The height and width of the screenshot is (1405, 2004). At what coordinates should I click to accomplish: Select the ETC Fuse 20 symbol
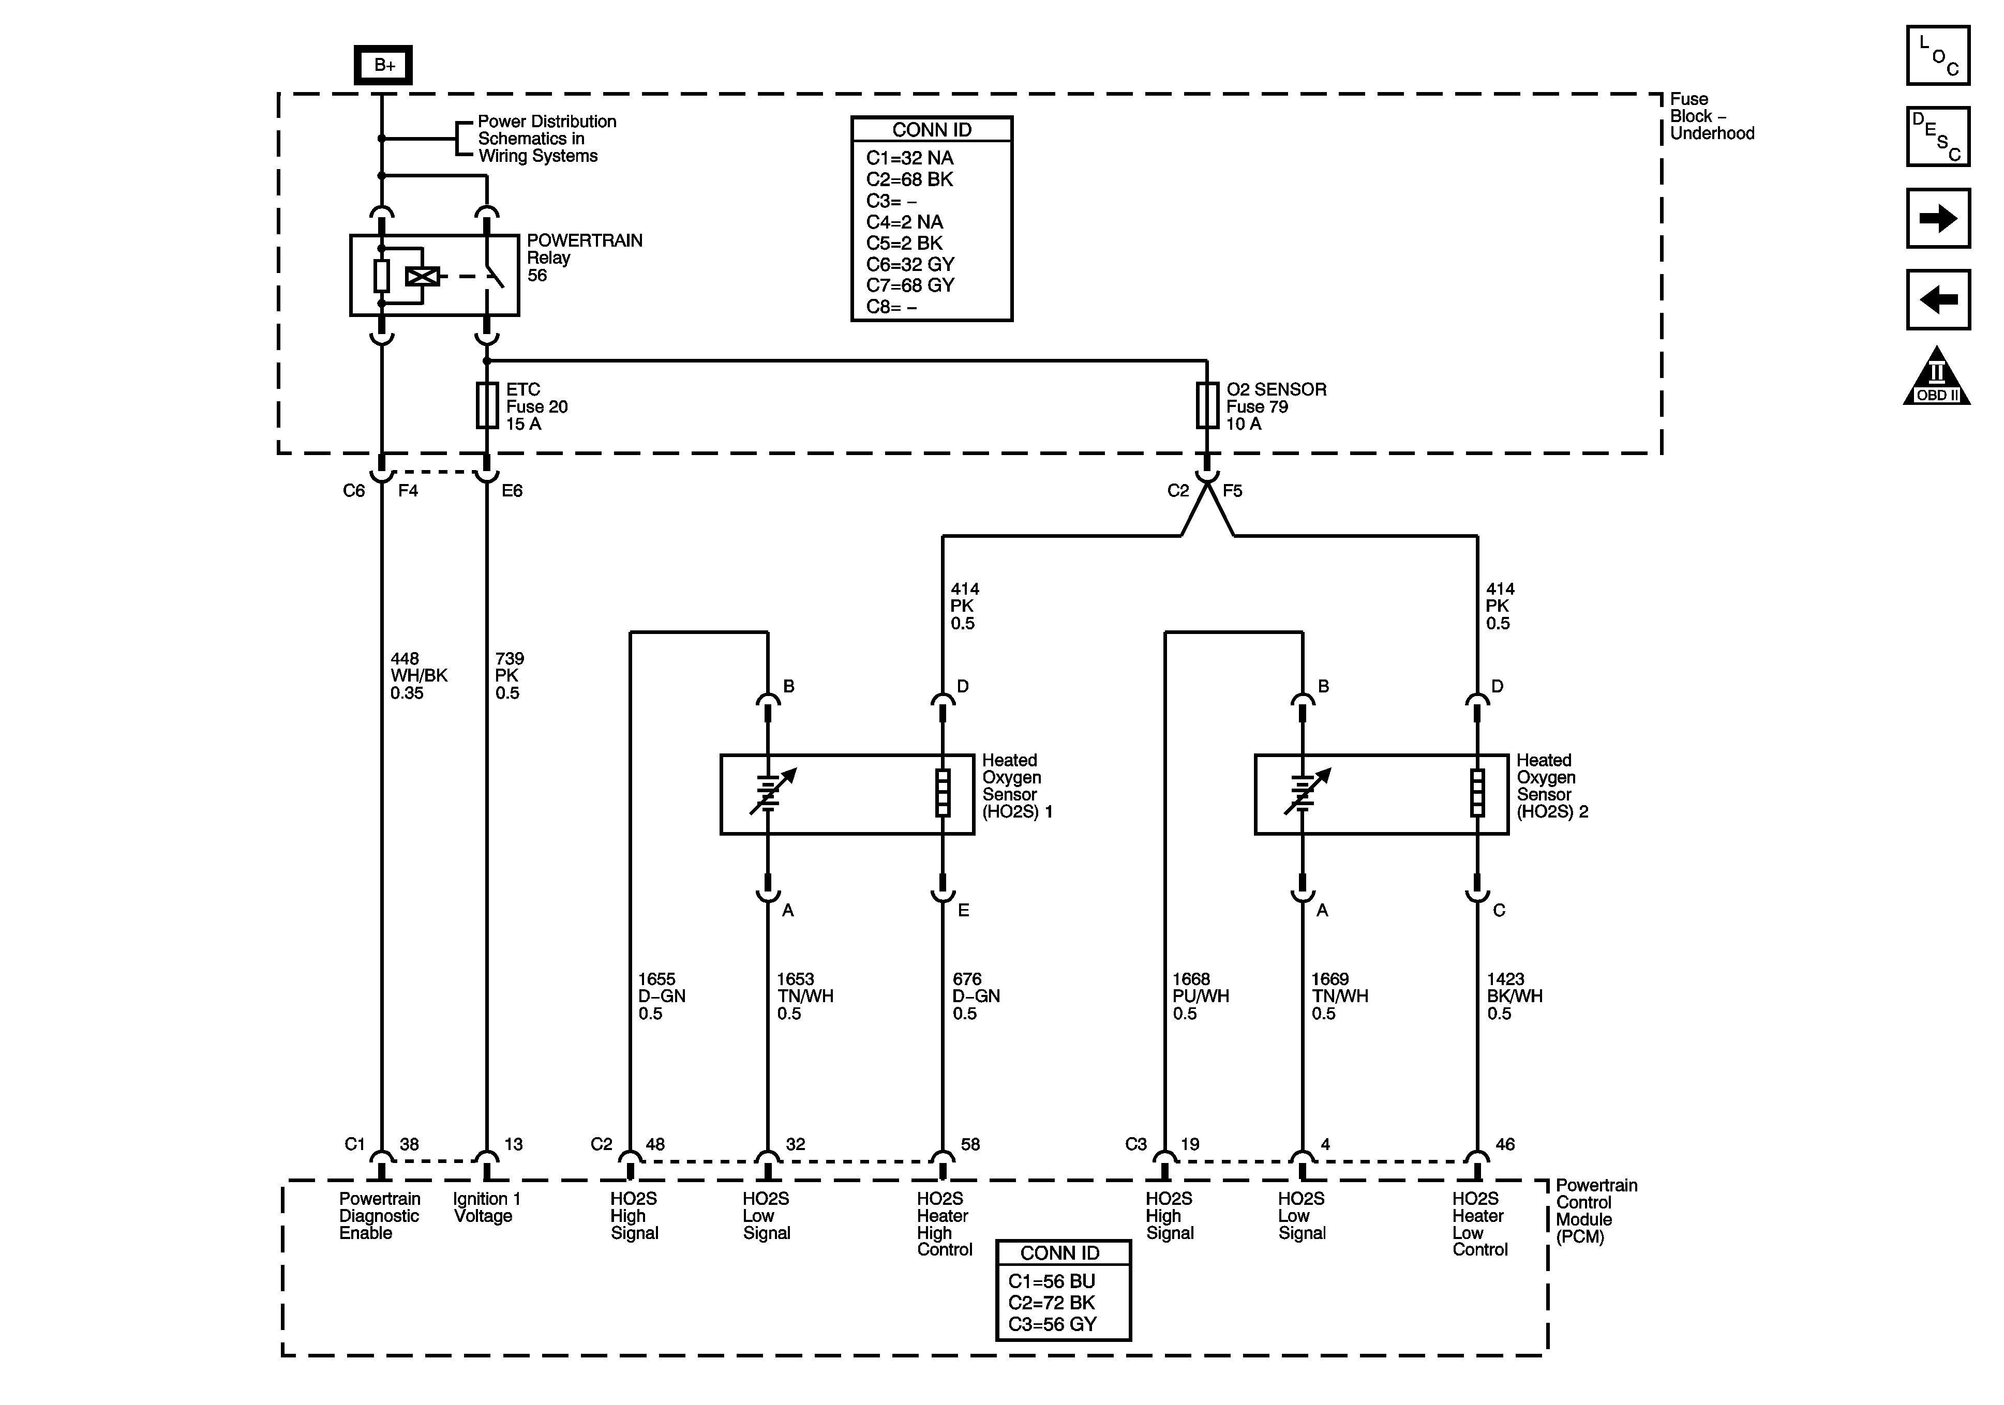tap(487, 406)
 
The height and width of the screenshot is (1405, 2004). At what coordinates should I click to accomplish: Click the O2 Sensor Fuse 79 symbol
tap(1207, 406)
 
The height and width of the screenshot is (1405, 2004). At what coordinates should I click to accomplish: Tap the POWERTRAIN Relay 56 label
tap(585, 258)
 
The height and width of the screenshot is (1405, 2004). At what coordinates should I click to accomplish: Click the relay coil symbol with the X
tap(423, 277)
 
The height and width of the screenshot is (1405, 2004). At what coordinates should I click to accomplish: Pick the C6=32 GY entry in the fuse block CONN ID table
tap(910, 264)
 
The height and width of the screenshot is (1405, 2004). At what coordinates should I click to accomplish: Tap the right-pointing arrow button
tap(1938, 218)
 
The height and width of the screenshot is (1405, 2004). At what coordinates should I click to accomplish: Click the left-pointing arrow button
tap(1938, 299)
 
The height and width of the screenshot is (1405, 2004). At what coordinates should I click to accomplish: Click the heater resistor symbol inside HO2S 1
tap(943, 793)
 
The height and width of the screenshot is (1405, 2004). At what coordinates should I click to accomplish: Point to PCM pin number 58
tap(970, 1144)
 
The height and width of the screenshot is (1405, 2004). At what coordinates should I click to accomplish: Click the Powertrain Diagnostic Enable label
tap(380, 1216)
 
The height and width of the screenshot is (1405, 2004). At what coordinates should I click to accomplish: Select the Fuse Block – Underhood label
tap(1712, 116)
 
